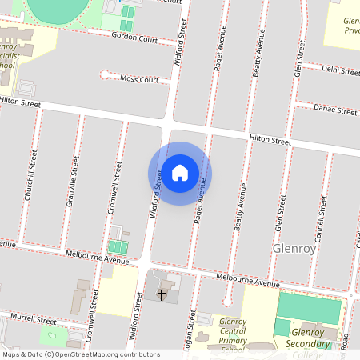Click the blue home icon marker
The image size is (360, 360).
click(180, 173)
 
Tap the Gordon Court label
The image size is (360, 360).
click(134, 37)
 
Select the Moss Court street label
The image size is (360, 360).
click(139, 78)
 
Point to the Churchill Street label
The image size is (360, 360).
click(33, 174)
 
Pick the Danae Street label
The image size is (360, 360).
click(335, 110)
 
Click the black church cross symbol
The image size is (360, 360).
click(162, 295)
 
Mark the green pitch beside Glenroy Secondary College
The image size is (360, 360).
click(309, 308)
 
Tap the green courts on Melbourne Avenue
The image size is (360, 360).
click(118, 246)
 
